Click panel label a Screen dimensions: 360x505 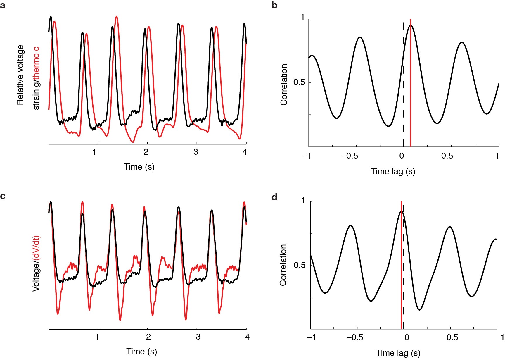3,5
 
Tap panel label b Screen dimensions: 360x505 274,5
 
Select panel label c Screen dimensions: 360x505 3,196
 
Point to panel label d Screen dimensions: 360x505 274,197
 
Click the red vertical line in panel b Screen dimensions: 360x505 411,88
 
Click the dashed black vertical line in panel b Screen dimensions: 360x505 404,88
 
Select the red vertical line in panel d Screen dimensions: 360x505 401,263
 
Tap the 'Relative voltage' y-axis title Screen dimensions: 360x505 20,75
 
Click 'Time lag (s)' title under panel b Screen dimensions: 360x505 393,171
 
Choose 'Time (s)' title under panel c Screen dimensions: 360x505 141,352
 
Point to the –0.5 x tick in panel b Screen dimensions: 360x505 350,156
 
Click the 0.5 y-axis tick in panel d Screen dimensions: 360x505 299,265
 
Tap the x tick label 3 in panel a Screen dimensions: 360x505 196,152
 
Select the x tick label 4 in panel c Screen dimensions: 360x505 247,337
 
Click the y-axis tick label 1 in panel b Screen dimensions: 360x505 303,17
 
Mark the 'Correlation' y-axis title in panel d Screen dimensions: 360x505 283,265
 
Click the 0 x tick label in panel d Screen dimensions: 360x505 407,337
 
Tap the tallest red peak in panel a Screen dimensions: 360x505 117,17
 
